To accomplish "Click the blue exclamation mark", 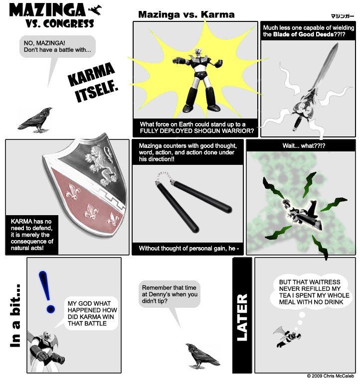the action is click(47, 291).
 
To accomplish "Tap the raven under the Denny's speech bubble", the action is click(202, 356).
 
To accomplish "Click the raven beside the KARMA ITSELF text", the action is click(36, 120).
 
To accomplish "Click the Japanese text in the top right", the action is click(343, 16).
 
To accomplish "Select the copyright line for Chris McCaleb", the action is click(330, 376).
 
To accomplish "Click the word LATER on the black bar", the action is click(242, 317).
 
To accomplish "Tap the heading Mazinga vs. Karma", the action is click(186, 15).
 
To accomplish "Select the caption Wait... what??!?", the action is click(304, 146).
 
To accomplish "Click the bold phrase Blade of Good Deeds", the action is click(303, 34).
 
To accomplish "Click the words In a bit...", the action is click(15, 315).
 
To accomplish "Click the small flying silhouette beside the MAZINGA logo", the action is click(95, 10).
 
